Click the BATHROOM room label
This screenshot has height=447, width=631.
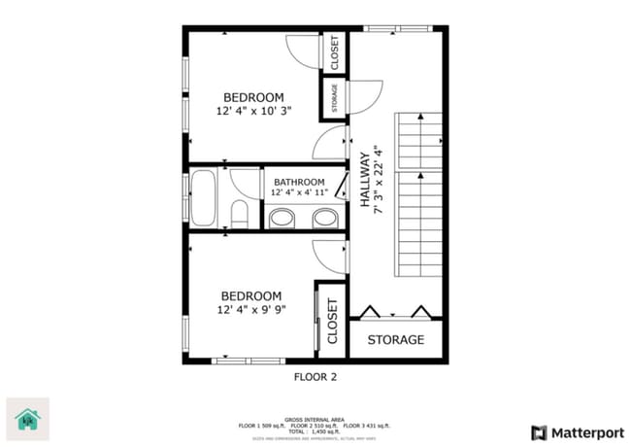[298, 182]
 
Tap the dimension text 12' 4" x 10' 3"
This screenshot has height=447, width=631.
[253, 112]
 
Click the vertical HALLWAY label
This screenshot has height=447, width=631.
[366, 180]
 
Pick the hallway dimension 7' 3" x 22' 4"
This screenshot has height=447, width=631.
[381, 180]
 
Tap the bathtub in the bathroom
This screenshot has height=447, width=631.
[205, 198]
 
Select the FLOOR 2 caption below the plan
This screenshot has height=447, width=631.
[315, 376]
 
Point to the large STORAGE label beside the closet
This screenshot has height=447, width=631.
[396, 340]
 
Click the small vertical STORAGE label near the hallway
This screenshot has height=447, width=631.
[335, 98]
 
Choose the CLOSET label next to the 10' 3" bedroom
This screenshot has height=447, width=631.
[335, 53]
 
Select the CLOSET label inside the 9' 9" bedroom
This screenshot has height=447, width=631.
[331, 322]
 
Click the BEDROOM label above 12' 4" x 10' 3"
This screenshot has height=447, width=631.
[253, 97]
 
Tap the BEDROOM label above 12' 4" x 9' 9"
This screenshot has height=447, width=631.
[250, 296]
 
